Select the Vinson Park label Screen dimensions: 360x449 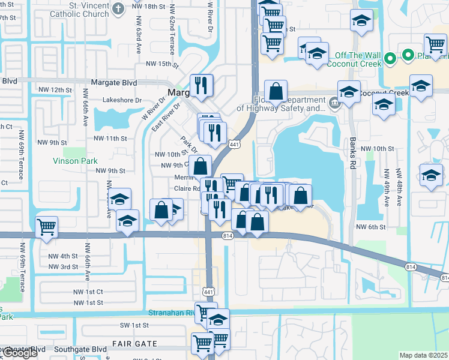click(x=75, y=161)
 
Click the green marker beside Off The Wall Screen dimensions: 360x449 click(x=389, y=59)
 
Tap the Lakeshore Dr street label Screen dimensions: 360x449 click(x=122, y=100)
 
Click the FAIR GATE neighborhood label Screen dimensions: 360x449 click(x=134, y=344)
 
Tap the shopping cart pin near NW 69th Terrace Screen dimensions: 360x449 click(x=47, y=227)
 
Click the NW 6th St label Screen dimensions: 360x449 click(x=370, y=226)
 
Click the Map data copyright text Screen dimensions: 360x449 click(x=424, y=355)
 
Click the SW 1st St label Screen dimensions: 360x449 click(x=133, y=325)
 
